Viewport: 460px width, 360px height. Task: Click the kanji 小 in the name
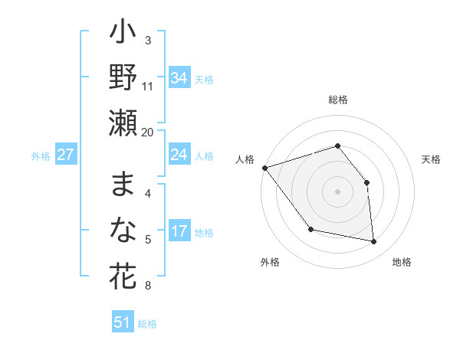point(123,35)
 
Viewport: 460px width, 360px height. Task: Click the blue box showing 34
point(179,77)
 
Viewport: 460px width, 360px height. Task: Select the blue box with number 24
point(179,155)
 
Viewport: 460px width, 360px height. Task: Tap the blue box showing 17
point(179,231)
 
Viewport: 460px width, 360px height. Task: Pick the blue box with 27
point(65,155)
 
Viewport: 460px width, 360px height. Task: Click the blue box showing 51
point(123,322)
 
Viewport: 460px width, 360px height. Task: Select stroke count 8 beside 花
point(148,286)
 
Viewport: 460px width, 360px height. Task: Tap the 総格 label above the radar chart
point(337,100)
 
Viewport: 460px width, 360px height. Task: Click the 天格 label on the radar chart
point(431,159)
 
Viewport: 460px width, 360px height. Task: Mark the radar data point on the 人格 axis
point(264,168)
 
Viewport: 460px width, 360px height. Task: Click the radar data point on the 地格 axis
point(374,242)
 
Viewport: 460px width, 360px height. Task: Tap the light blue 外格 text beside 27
point(41,155)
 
